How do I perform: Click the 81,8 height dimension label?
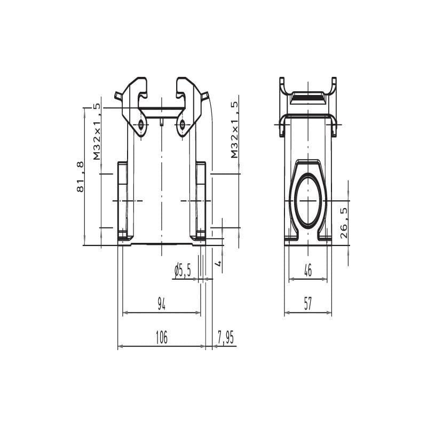[81, 177]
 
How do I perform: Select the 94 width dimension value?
[162, 304]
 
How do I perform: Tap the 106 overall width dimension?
[162, 337]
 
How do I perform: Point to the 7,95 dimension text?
[225, 338]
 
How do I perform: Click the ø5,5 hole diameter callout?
[183, 270]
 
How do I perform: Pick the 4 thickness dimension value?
[218, 263]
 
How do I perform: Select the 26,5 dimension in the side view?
[344, 223]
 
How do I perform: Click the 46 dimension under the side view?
[308, 270]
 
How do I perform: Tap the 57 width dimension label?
[308, 304]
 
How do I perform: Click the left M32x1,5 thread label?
[97, 131]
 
